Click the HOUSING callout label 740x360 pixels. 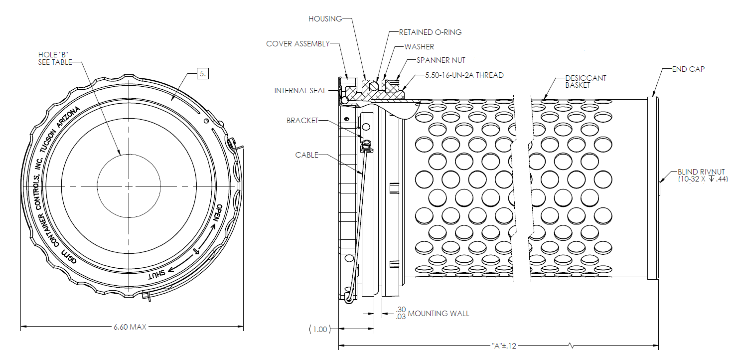pyautogui.click(x=325, y=19)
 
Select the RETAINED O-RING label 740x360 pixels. pyautogui.click(x=430, y=32)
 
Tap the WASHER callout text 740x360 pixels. pyautogui.click(x=419, y=47)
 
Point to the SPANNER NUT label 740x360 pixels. pyautogui.click(x=441, y=60)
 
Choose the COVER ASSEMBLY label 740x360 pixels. pyautogui.click(x=297, y=44)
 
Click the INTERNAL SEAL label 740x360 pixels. pyautogui.click(x=300, y=91)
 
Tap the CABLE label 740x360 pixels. pyautogui.click(x=306, y=155)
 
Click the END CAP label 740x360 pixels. pyautogui.click(x=688, y=69)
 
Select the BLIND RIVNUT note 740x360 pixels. pyautogui.click(x=703, y=175)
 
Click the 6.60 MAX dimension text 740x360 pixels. pyautogui.click(x=130, y=327)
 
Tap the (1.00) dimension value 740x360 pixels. pyautogui.click(x=319, y=329)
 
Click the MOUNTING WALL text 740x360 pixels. pyautogui.click(x=439, y=314)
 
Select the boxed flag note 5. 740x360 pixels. pyautogui.click(x=203, y=74)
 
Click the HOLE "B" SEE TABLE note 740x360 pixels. pyautogui.click(x=55, y=58)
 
